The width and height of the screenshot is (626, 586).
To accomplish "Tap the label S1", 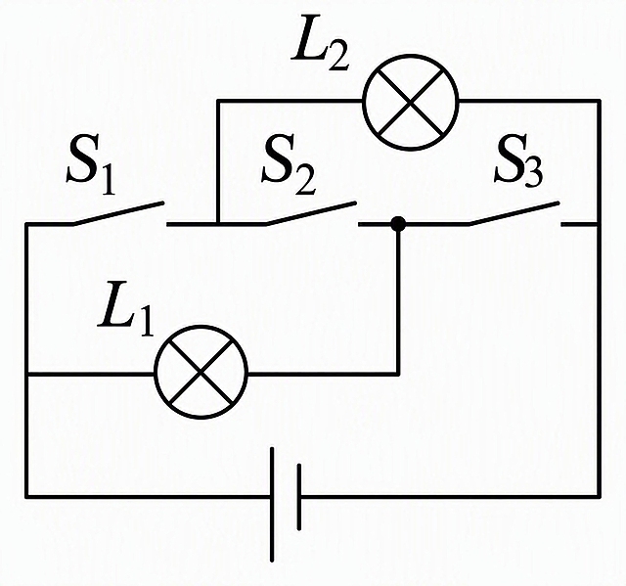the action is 91,165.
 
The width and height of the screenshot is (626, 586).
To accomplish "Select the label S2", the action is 289,165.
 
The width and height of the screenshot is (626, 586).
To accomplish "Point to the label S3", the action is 518,165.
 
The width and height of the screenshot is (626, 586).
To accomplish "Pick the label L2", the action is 320,45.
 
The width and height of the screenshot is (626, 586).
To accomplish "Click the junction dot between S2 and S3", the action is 398,224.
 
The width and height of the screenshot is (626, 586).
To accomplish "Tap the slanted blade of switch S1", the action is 118,213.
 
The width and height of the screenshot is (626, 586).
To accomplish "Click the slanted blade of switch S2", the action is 311,213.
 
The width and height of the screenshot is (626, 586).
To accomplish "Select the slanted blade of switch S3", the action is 514,213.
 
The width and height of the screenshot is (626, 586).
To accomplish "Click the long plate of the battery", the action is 272,504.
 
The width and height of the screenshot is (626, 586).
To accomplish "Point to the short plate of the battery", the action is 299,497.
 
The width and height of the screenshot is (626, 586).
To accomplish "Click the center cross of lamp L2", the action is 411,102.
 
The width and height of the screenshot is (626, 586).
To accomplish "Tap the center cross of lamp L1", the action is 201,372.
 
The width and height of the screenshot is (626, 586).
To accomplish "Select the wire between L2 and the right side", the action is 529,101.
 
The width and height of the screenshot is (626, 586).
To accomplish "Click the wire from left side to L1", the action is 90,374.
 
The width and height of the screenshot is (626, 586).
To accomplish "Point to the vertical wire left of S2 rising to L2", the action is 218,161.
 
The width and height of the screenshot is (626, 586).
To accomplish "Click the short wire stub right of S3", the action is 580,225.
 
